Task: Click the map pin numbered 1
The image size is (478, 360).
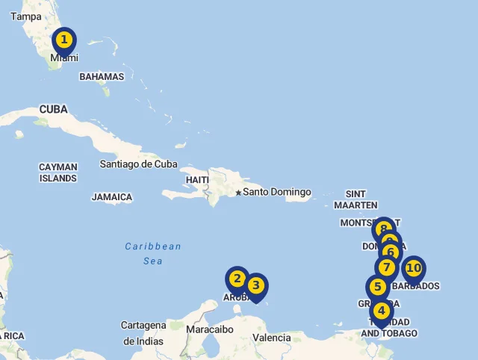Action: (64, 40)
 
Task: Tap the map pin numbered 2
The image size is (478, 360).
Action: (238, 279)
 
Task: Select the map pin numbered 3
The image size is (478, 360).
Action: (255, 285)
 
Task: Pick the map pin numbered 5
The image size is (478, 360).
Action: (378, 287)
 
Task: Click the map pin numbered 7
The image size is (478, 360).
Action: (386, 267)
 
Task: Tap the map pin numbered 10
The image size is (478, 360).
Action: (413, 267)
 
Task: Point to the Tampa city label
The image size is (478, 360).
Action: (26, 16)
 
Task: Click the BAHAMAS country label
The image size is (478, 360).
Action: (102, 76)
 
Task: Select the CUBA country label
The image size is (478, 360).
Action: (53, 109)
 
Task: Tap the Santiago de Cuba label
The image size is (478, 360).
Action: (138, 164)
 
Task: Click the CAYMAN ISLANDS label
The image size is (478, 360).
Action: (58, 173)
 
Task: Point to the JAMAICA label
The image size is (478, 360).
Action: (112, 197)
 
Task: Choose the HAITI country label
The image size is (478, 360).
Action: (197, 180)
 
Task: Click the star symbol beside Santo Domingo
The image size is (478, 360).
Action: (238, 193)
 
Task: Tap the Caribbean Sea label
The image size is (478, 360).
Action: (153, 253)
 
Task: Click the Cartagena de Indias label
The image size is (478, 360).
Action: (143, 333)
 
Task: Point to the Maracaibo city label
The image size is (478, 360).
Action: (210, 329)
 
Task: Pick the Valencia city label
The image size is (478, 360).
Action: (271, 338)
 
